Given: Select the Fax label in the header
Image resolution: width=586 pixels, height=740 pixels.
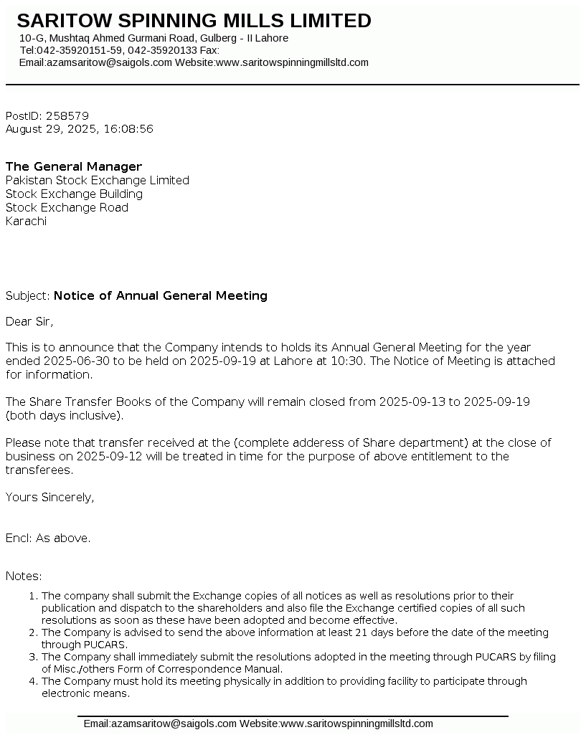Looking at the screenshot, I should point(209,50).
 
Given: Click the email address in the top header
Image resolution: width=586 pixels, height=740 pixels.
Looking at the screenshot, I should point(109,62).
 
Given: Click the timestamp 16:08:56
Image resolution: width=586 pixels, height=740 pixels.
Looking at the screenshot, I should point(128,129).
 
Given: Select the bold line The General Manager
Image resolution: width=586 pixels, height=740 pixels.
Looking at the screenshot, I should point(74,167).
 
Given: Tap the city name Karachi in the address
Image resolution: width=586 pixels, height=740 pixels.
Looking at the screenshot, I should point(26,222).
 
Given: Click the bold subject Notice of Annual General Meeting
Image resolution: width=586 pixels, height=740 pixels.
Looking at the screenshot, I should point(161,295).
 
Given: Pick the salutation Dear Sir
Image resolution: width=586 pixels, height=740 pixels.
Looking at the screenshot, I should point(29,321).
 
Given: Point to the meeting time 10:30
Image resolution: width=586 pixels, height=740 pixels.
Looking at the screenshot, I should point(349,361).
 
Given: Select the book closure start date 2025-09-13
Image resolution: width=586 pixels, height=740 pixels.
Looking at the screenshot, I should point(412,402).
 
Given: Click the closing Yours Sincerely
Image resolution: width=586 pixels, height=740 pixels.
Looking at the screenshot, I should point(49,497).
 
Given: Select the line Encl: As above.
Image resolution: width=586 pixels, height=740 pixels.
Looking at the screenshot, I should point(48,538).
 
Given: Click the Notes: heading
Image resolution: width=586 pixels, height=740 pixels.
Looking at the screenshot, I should point(24,576).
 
